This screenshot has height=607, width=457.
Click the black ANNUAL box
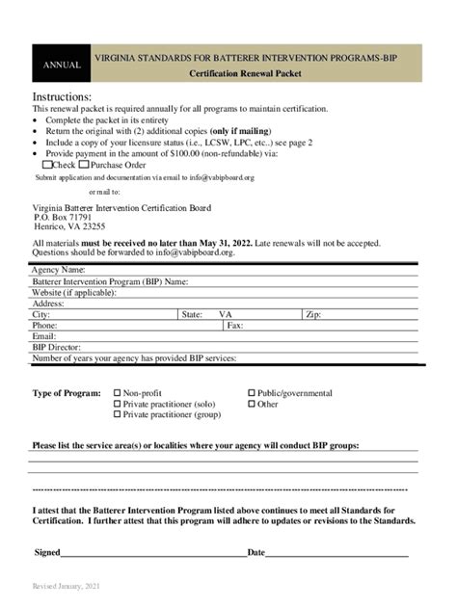click(x=61, y=65)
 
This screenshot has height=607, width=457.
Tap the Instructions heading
click(x=62, y=97)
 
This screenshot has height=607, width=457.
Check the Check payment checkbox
click(x=37, y=165)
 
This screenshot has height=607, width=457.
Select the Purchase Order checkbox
click(x=84, y=165)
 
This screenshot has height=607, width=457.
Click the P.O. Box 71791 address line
click(x=63, y=217)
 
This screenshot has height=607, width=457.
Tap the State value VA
click(x=226, y=314)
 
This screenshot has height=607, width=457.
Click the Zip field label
click(x=313, y=314)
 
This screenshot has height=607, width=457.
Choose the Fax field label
click(x=234, y=326)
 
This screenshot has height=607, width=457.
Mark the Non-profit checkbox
click(x=118, y=393)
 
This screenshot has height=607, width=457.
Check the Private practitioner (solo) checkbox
click(x=118, y=404)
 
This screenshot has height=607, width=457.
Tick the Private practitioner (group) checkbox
click(x=118, y=414)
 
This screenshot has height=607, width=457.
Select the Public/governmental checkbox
click(x=252, y=393)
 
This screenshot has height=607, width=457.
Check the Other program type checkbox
click(x=252, y=404)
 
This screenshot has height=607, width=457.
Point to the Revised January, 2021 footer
click(x=66, y=586)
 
